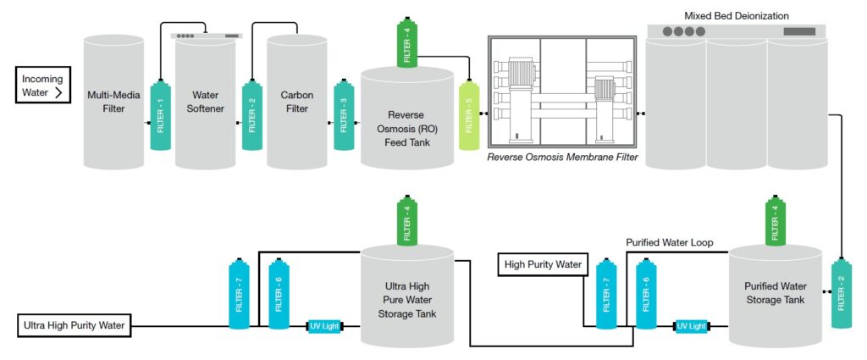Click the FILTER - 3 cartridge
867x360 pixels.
pyautogui.click(x=344, y=115)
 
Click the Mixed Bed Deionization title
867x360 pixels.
pyautogui.click(x=736, y=15)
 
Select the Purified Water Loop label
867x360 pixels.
pyautogui.click(x=669, y=242)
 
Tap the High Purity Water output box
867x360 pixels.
pyautogui.click(x=543, y=265)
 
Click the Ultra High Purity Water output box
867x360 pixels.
pyautogui.click(x=73, y=324)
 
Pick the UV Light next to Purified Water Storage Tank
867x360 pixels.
pyautogui.click(x=692, y=325)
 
